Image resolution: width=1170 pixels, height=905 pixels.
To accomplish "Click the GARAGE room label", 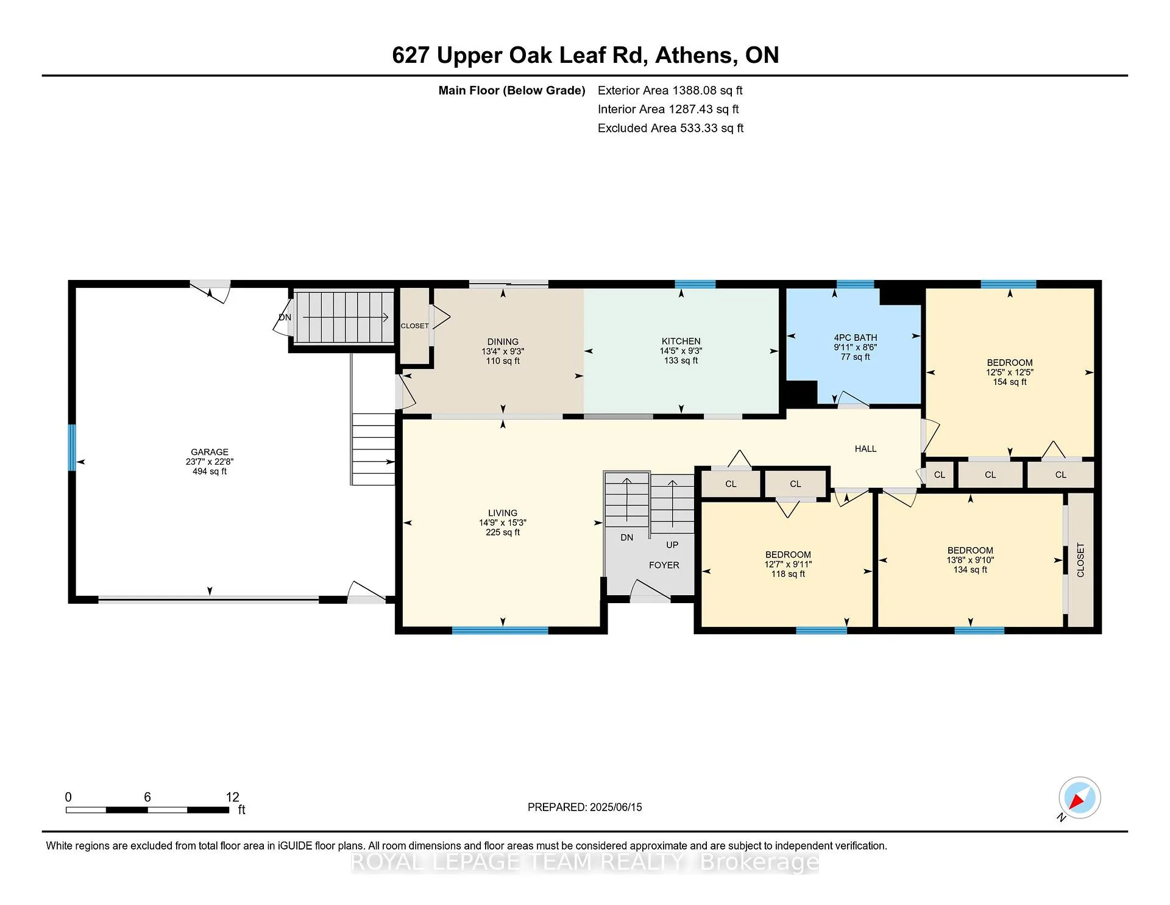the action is [x=210, y=452].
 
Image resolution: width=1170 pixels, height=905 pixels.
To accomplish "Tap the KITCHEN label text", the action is [x=681, y=342].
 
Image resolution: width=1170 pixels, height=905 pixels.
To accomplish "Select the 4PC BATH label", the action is [x=856, y=338].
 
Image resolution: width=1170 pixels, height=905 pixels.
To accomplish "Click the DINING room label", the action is [x=503, y=342].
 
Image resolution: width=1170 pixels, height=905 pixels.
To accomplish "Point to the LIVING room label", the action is [x=503, y=513].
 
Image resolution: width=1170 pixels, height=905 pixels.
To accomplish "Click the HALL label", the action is [x=865, y=449].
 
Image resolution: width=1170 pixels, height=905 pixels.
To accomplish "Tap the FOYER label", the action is [x=664, y=565].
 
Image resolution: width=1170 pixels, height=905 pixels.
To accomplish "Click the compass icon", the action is [x=1079, y=798].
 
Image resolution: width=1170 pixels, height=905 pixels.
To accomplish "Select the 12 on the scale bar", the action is [x=232, y=797].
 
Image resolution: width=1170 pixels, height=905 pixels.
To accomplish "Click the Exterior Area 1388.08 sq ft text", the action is [x=670, y=91].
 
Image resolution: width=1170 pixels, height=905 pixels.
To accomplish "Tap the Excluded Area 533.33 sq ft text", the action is [x=671, y=128].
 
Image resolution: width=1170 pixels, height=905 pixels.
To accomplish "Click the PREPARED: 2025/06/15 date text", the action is [x=585, y=807].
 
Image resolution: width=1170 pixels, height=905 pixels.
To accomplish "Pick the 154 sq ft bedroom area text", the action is [x=1010, y=382].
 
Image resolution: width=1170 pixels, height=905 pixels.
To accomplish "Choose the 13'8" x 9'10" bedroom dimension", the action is [x=970, y=560].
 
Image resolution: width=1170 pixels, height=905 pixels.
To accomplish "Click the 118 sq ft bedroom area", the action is [x=788, y=574].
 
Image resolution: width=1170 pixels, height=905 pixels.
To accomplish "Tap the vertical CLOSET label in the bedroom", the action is [x=1080, y=560].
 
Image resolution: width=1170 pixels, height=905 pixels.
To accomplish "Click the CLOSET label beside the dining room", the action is [x=415, y=326].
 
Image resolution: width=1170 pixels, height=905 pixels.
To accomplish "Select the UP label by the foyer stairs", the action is [x=672, y=545].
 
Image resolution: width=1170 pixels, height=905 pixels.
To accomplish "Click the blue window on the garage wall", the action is [x=71, y=448].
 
